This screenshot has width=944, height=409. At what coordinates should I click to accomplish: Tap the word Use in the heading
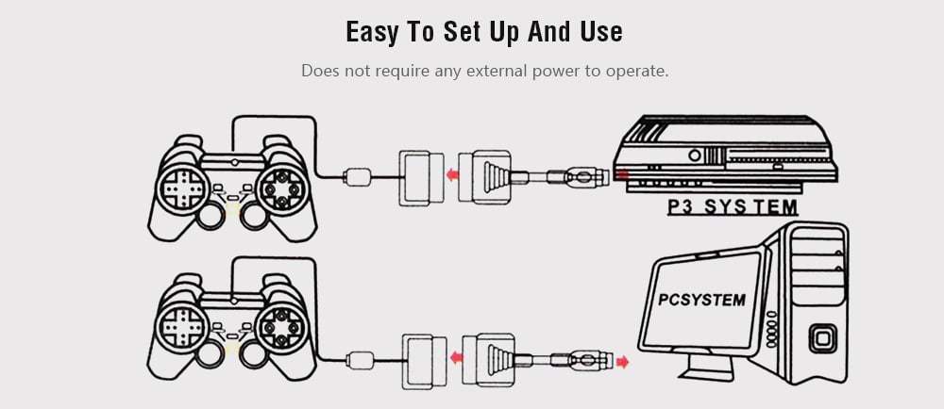click(601, 31)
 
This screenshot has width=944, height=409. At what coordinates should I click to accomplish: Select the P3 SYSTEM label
click(733, 207)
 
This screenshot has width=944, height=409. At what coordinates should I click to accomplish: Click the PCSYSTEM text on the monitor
click(702, 299)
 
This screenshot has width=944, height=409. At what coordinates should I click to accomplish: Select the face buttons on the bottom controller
click(281, 327)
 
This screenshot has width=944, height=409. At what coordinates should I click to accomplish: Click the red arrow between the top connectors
click(452, 175)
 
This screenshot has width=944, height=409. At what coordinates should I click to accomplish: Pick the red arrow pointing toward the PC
click(622, 362)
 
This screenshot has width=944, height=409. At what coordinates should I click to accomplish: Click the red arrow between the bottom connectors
click(457, 358)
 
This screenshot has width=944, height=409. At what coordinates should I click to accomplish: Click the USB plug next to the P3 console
click(578, 176)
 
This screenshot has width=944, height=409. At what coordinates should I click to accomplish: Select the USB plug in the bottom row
click(582, 360)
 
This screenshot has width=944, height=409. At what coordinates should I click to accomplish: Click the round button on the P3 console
click(695, 155)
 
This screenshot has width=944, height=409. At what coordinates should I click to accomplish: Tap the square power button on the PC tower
click(823, 338)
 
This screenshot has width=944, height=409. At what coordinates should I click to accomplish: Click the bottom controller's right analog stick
click(253, 354)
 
